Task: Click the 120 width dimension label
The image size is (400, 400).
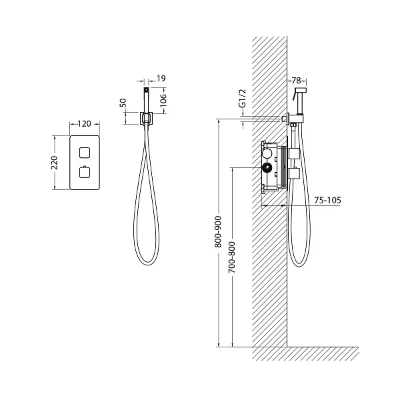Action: click(x=84, y=124)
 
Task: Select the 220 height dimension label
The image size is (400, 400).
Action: click(x=55, y=163)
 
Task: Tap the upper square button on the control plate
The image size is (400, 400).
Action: click(x=85, y=153)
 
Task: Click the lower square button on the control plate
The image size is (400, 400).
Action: click(x=85, y=172)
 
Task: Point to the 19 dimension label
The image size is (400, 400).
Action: click(x=161, y=78)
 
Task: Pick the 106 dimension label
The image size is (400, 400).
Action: click(x=163, y=100)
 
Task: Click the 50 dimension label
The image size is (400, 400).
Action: click(x=123, y=103)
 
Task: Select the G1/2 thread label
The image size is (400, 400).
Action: click(x=243, y=98)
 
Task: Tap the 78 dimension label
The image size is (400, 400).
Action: click(x=296, y=81)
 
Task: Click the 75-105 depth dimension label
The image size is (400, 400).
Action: click(x=327, y=200)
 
